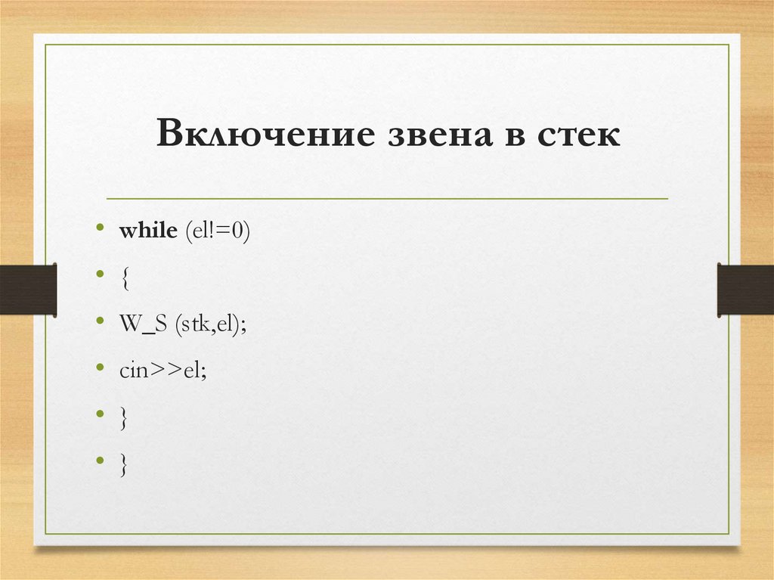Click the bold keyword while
point(147,231)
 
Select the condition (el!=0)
point(215,231)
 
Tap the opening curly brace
point(123,278)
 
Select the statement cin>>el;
point(162,371)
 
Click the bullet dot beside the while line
point(101,228)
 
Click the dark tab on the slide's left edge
point(28,289)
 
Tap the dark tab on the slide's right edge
point(745,289)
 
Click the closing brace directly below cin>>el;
point(123,418)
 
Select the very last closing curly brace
point(123,465)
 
